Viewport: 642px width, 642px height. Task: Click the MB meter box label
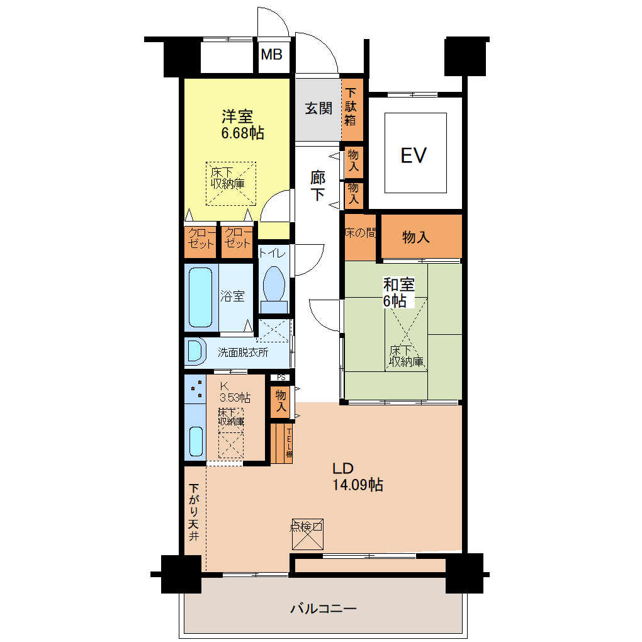coord(272,54)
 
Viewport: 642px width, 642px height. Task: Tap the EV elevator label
coord(414,155)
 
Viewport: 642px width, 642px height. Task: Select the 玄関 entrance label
coord(318,108)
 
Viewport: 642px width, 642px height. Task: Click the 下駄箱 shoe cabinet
coord(352,110)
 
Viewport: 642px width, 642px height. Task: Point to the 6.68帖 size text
coord(242,133)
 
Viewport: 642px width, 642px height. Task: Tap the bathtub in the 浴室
coord(201,297)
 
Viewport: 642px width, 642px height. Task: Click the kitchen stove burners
coord(195,389)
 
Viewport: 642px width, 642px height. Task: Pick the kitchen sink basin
coord(196,441)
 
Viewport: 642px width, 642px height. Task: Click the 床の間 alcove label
coord(360,233)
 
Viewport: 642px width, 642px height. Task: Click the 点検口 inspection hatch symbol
coord(308,534)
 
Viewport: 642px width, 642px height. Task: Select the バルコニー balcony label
coord(324,609)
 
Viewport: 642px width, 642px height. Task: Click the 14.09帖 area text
coord(358,485)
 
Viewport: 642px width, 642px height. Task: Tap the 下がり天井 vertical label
coord(194,512)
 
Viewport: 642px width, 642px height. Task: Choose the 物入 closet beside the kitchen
coord(281,402)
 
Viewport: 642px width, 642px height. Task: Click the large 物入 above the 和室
coord(421,237)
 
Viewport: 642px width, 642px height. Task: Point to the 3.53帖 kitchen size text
coord(235,398)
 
